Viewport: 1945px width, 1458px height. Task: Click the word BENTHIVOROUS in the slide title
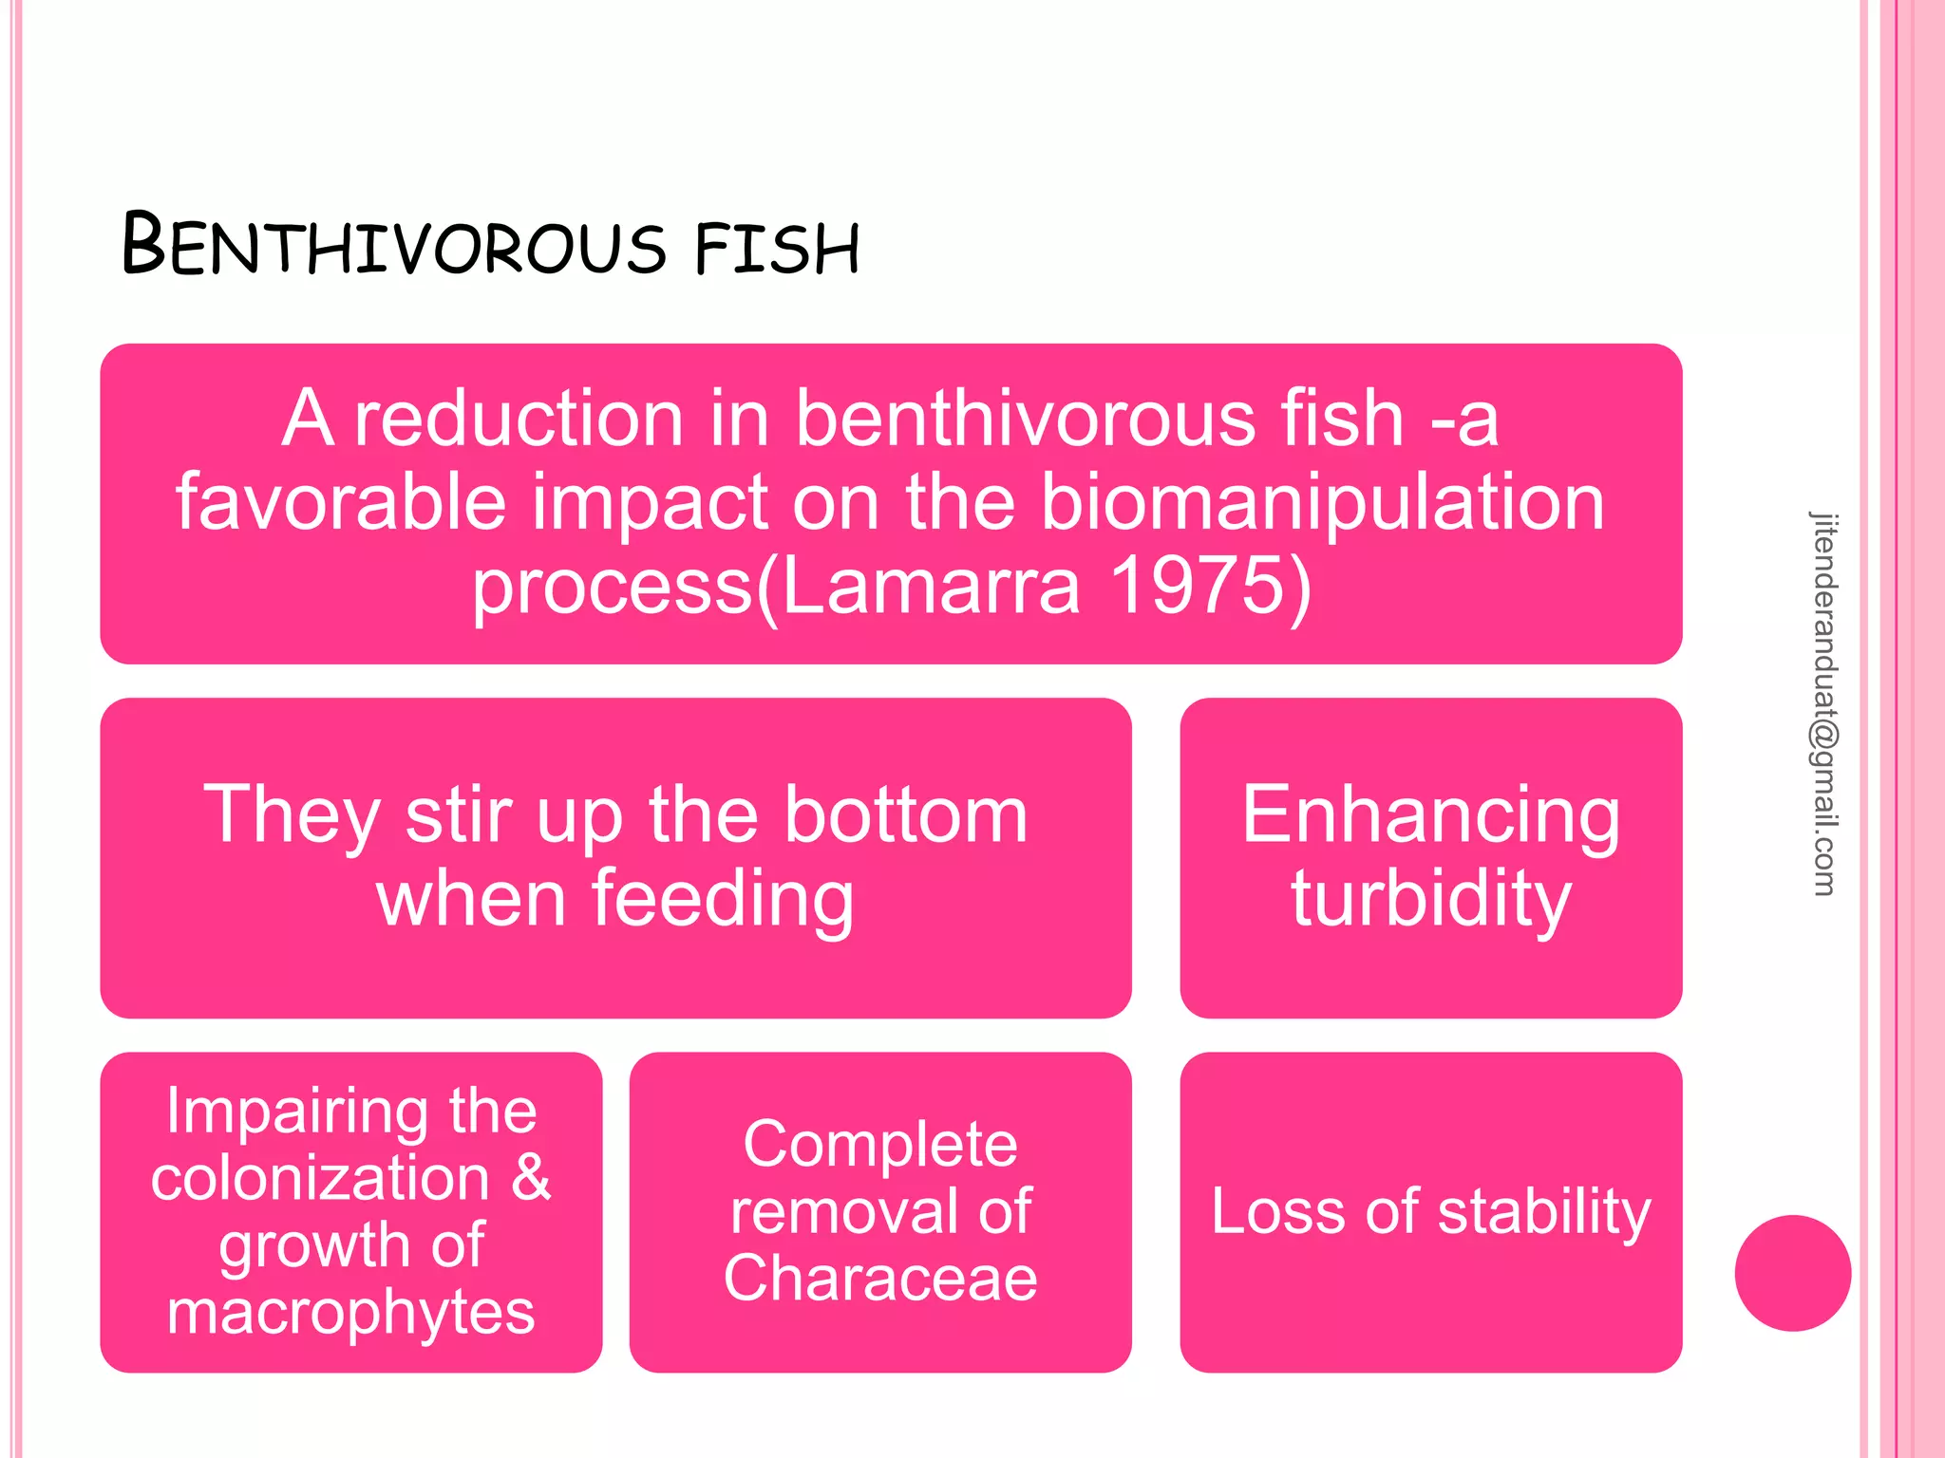tap(394, 245)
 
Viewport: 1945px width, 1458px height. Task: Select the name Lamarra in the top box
tap(931, 585)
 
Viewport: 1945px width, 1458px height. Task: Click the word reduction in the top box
tap(519, 418)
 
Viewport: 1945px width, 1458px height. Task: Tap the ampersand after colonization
tap(530, 1177)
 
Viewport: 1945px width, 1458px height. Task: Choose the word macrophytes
tap(350, 1312)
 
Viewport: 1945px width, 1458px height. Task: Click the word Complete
tap(879, 1144)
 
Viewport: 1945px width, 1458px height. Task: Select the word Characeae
tap(879, 1278)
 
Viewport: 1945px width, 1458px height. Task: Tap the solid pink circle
tap(1792, 1273)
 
